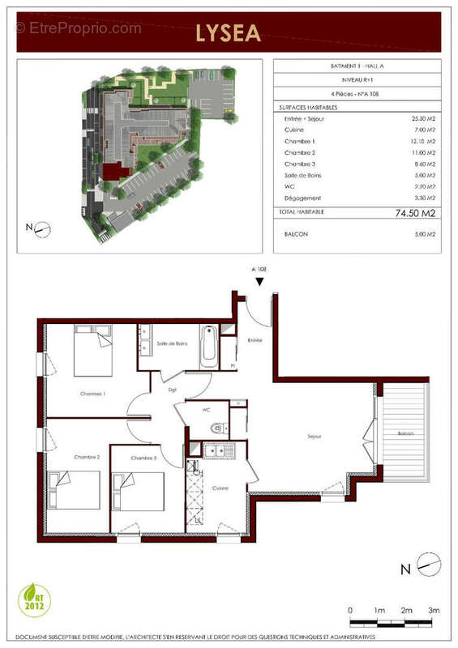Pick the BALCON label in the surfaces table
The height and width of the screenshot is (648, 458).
pos(297,234)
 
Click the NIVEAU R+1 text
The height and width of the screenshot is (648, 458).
pos(357,81)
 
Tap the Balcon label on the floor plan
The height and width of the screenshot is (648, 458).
pos(405,434)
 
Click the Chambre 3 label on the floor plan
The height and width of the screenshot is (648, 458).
pos(143,458)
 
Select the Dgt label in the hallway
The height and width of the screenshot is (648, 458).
pos(172,390)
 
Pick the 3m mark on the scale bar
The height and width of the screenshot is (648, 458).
pos(434,609)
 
